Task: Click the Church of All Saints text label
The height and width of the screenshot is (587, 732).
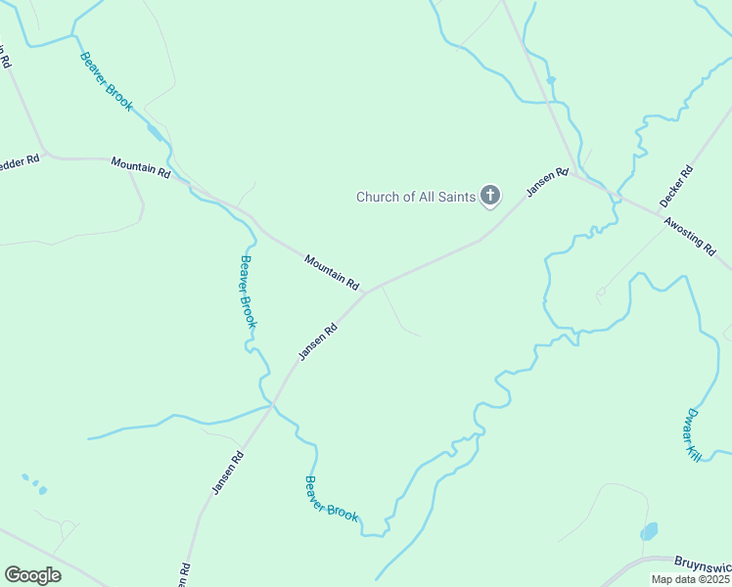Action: (416, 197)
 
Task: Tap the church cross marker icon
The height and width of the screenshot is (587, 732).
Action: (491, 197)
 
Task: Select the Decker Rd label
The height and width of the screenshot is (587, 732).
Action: (676, 185)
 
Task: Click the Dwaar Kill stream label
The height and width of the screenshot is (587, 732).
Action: (694, 433)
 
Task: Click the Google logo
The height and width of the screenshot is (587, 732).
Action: (32, 574)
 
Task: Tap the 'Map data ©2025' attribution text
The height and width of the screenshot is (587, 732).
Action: (690, 579)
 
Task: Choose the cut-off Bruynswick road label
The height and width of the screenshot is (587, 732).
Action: (703, 564)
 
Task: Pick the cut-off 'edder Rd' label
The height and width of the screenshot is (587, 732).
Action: (20, 159)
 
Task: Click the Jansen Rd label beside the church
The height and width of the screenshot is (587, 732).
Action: (548, 183)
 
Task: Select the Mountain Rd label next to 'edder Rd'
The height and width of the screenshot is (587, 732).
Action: (141, 166)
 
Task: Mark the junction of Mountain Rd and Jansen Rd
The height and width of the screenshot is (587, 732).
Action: (367, 291)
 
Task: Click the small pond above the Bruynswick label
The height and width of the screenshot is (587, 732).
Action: (649, 532)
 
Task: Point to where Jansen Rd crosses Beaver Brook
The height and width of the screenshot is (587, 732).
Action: (273, 403)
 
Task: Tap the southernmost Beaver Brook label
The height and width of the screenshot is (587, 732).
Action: (332, 498)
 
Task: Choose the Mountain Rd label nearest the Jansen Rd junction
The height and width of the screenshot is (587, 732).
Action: (332, 271)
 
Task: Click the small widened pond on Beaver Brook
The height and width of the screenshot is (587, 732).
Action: (154, 131)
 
